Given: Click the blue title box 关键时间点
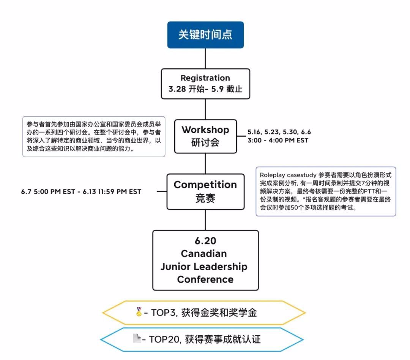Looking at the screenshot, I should pyautogui.click(x=205, y=35).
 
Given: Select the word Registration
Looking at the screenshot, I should pyautogui.click(x=205, y=78).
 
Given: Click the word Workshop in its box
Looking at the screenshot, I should pyautogui.click(x=205, y=130).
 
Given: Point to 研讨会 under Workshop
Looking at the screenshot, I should pyautogui.click(x=205, y=143).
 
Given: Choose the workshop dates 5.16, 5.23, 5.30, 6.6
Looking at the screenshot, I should pyautogui.click(x=279, y=132).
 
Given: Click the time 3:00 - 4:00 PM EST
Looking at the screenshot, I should pyautogui.click(x=278, y=140).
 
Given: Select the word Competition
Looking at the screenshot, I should pyautogui.click(x=205, y=185).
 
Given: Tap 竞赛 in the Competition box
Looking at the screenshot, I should pyautogui.click(x=205, y=198).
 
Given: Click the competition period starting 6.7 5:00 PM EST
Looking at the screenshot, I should pyautogui.click(x=81, y=192).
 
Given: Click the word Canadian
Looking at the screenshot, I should pyautogui.click(x=203, y=254).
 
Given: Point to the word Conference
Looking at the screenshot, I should pyautogui.click(x=205, y=280).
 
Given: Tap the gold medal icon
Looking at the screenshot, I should pyautogui.click(x=139, y=312).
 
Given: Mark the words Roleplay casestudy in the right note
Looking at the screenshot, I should pyautogui.click(x=280, y=175).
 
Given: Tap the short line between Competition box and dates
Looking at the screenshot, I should pyautogui.click(x=161, y=191).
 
